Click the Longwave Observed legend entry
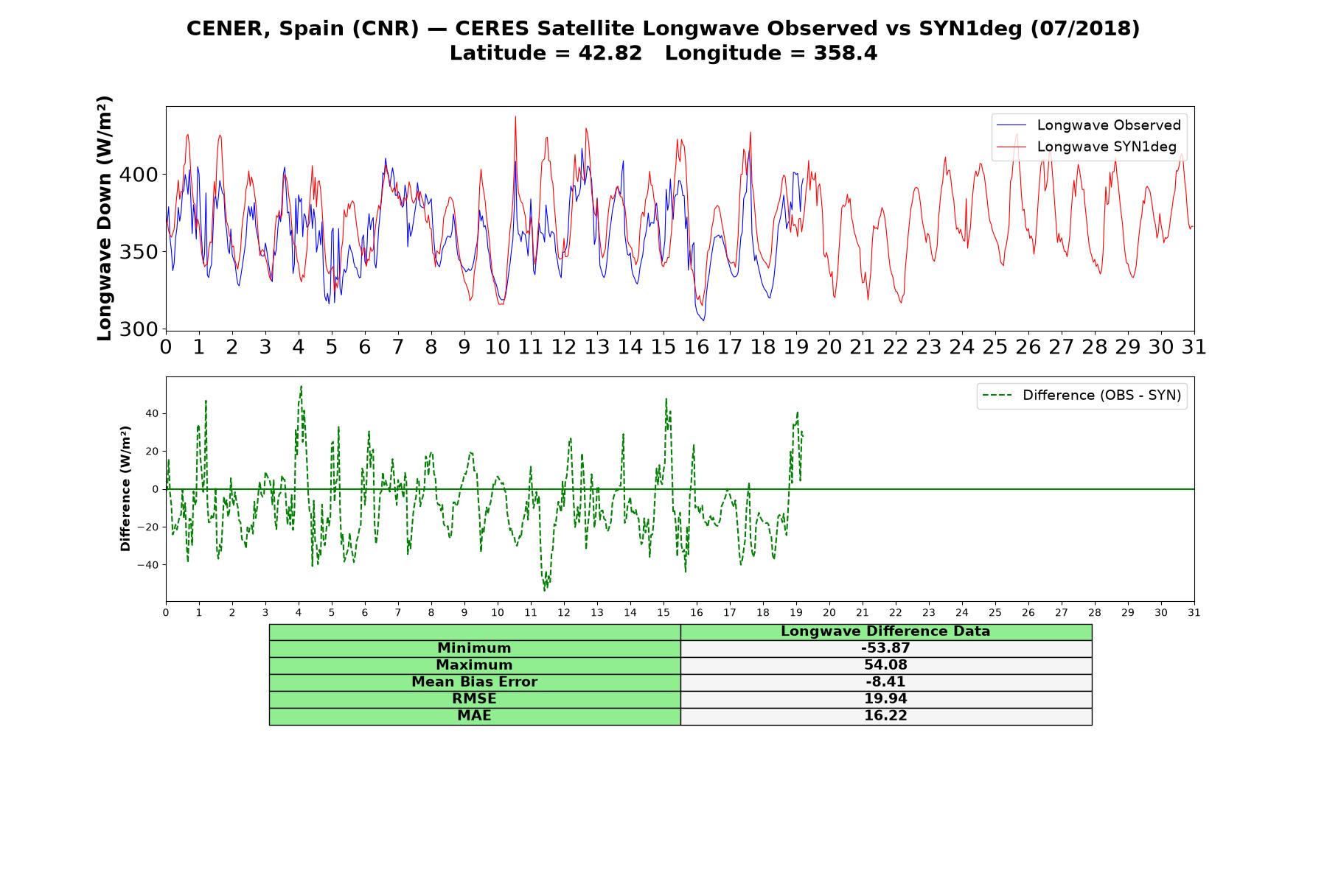pyautogui.click(x=1088, y=125)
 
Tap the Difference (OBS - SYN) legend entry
pyautogui.click(x=1082, y=396)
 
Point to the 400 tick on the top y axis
pyautogui.click(x=144, y=175)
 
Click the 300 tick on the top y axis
pyautogui.click(x=144, y=329)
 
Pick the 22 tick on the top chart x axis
pyautogui.click(x=896, y=347)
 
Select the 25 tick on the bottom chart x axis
pyautogui.click(x=995, y=613)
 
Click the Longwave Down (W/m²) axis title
pyautogui.click(x=105, y=218)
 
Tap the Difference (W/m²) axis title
pyautogui.click(x=125, y=488)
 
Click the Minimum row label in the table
pyautogui.click(x=474, y=648)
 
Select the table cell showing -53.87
pyautogui.click(x=885, y=648)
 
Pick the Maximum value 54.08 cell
pyautogui.click(x=885, y=665)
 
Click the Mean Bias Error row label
pyautogui.click(x=474, y=682)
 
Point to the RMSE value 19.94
pyautogui.click(x=885, y=699)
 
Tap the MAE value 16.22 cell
pyautogui.click(x=885, y=716)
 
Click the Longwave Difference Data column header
pyautogui.click(x=885, y=631)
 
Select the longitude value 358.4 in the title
pyautogui.click(x=846, y=54)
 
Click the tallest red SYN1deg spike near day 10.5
pyautogui.click(x=515, y=118)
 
